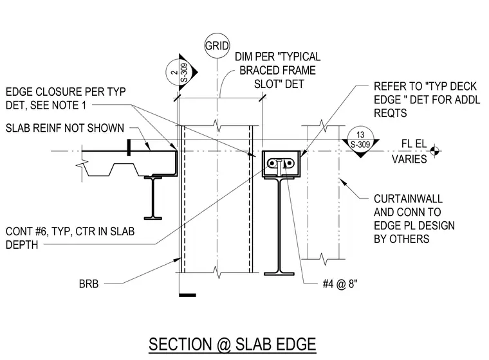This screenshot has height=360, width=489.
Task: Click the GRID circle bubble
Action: (217, 46)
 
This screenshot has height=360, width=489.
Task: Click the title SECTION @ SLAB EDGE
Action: (232, 345)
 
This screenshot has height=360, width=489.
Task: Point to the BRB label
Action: (89, 284)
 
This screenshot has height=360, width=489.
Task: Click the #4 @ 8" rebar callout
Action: (340, 284)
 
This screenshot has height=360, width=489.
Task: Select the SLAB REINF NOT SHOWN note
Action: (65, 128)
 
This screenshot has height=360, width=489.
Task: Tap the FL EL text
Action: (414, 144)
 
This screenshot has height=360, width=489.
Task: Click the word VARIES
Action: (409, 159)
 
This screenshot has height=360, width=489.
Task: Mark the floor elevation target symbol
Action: (435, 151)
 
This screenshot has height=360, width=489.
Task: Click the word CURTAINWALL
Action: (408, 199)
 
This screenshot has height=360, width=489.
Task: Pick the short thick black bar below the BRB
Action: (188, 295)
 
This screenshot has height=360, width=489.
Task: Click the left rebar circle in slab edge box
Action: (272, 163)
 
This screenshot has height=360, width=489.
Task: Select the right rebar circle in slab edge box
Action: (289, 163)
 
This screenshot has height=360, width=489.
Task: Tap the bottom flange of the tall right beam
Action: (279, 274)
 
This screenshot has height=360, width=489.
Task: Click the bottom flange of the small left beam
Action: (153, 218)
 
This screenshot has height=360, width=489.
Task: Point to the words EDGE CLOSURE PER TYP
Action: (66, 92)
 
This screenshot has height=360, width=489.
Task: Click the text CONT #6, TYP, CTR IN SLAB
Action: (70, 231)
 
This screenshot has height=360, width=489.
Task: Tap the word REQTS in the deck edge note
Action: (391, 113)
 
